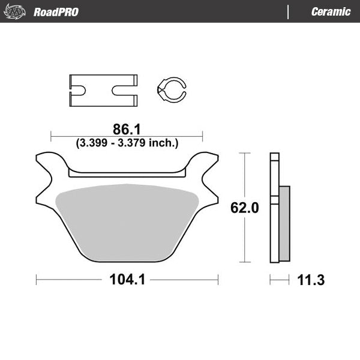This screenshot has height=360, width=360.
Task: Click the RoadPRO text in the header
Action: (x=56, y=12)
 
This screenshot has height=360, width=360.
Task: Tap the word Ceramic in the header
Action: (x=331, y=12)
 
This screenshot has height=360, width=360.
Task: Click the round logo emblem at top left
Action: (x=16, y=11)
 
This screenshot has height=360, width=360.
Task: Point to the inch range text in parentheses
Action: (x=127, y=143)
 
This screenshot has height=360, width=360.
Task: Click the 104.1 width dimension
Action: (x=127, y=280)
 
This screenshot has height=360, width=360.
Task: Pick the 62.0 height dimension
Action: (x=245, y=208)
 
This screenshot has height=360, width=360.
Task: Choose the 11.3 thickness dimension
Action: (x=311, y=280)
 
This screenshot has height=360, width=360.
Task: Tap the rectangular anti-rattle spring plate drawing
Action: (x=101, y=90)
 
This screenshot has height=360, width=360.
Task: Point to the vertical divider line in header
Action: (x=289, y=12)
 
